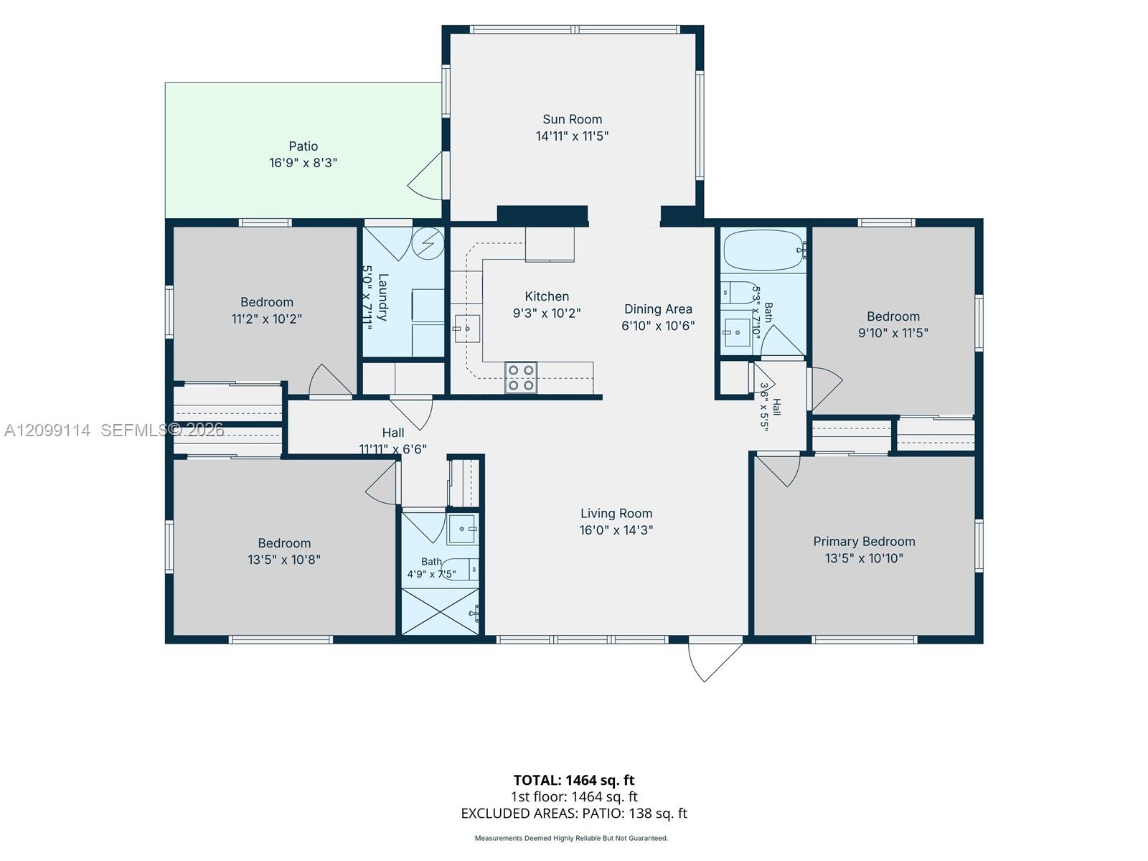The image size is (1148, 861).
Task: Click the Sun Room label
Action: [572, 119]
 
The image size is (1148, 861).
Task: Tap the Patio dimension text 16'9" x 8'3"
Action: [303, 163]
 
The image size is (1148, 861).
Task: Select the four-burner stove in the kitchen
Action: [521, 377]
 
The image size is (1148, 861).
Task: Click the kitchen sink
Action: [467, 329]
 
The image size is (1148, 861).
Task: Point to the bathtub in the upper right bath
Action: [764, 250]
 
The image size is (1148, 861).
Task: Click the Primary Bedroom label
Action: [864, 542]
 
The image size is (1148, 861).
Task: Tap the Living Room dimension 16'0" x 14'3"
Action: [616, 530]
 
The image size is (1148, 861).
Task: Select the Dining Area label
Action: [658, 309]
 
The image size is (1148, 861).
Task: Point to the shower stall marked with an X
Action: [440, 611]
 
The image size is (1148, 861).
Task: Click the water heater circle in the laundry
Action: [428, 243]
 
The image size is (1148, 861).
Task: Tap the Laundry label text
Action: [383, 297]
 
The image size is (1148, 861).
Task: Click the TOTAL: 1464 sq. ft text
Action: [574, 781]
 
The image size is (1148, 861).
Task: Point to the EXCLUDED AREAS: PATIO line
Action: [574, 814]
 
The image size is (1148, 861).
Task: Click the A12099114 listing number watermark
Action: [47, 430]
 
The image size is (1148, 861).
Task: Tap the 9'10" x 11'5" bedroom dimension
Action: [893, 333]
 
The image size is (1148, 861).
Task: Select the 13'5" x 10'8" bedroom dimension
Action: [284, 560]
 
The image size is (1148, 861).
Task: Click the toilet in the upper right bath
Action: [740, 293]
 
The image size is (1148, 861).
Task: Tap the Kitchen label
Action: [547, 296]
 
